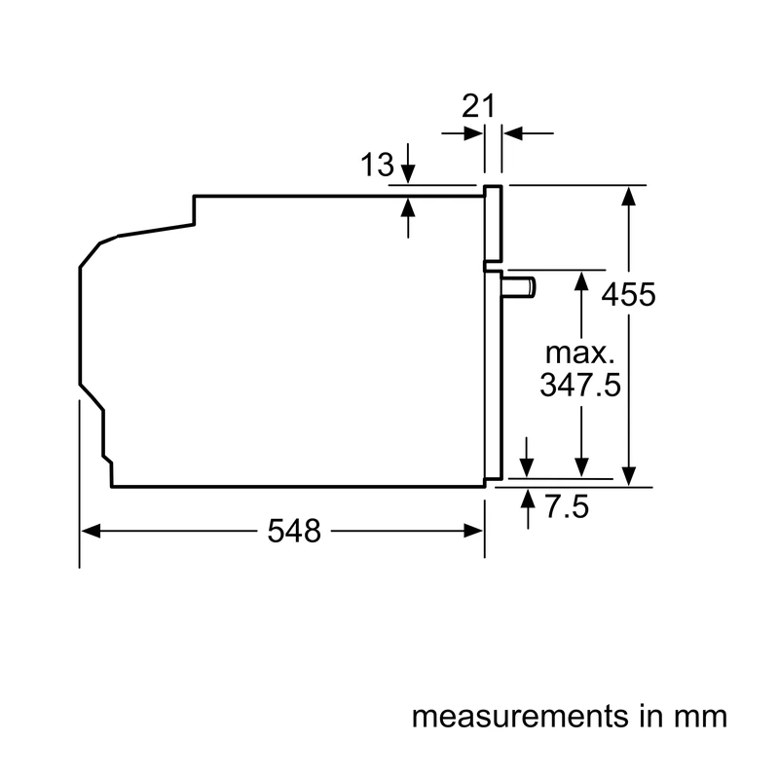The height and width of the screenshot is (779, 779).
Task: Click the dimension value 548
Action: pyautogui.click(x=294, y=531)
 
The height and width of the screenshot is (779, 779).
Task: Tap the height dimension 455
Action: pyautogui.click(x=628, y=295)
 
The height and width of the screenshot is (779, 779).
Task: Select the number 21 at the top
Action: pyautogui.click(x=478, y=106)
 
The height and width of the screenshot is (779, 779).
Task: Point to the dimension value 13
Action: pyautogui.click(x=377, y=165)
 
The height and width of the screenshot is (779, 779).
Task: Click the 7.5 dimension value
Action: pyautogui.click(x=567, y=506)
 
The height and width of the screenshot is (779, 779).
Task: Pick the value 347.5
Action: pyautogui.click(x=580, y=385)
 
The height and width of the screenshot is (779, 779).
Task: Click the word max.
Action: pyautogui.click(x=579, y=353)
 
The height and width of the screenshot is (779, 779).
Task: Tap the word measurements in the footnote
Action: pyautogui.click(x=520, y=717)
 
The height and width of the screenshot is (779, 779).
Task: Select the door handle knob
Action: pyautogui.click(x=519, y=286)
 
